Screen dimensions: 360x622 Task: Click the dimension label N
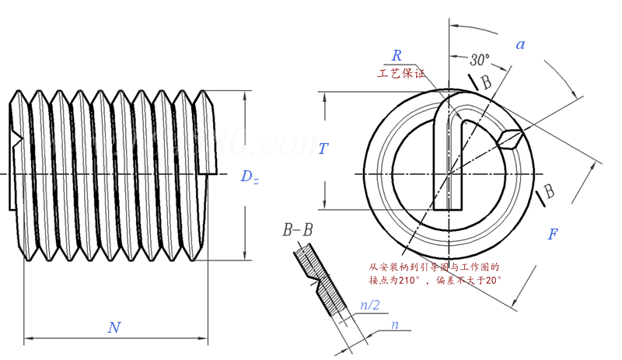[x=114, y=327]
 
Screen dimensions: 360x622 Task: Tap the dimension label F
[x=553, y=234]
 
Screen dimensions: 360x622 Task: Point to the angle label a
[x=520, y=44]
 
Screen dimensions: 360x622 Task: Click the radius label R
[x=397, y=55]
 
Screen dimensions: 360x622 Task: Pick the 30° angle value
[x=480, y=59]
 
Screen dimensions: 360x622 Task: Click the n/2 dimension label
[x=369, y=306]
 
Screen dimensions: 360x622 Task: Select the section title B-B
[x=298, y=230]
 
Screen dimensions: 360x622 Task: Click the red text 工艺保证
[x=402, y=75]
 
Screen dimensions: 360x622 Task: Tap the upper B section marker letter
[x=486, y=82]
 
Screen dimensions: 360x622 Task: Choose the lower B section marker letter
[x=548, y=190]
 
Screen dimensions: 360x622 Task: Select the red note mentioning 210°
[x=435, y=272]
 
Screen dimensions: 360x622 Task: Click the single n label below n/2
[x=395, y=324]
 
